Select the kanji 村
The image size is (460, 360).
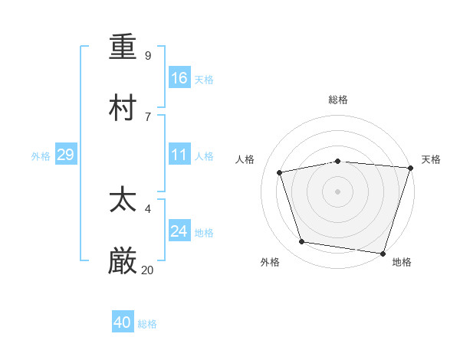[x=123, y=107]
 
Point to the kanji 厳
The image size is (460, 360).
[x=123, y=262]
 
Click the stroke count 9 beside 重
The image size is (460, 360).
[x=147, y=56]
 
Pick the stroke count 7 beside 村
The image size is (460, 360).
[x=147, y=116]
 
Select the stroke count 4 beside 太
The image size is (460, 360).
[x=147, y=209]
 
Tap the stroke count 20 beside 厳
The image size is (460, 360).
[x=147, y=270]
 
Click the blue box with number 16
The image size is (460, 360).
[x=179, y=78]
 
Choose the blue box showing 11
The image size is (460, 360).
[x=179, y=155]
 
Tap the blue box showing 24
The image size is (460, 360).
[x=179, y=231]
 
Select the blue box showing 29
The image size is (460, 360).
[x=65, y=155]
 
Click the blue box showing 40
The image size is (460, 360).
[x=123, y=323]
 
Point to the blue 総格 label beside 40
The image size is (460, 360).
[x=147, y=324]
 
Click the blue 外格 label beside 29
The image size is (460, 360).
[x=41, y=156]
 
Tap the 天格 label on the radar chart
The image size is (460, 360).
[x=431, y=159]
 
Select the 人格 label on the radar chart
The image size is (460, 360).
[x=245, y=159]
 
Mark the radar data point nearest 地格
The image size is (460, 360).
[x=383, y=253]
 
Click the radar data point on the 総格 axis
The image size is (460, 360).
[x=338, y=161]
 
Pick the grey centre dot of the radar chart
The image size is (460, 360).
[x=338, y=191]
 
